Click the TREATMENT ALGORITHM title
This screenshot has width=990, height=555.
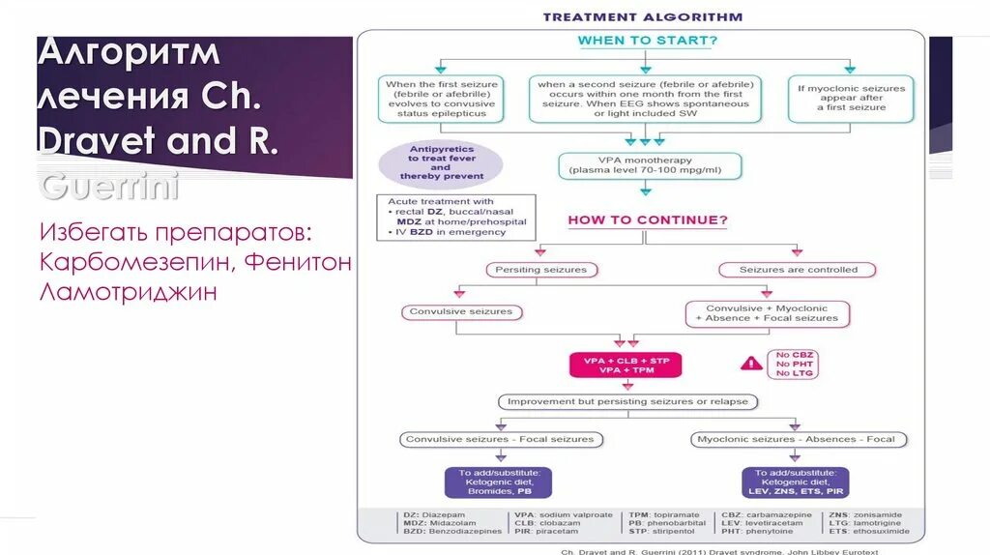coord(642,16)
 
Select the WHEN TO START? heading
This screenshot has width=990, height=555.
coord(647,41)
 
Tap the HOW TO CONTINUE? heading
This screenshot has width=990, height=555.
coord(647,219)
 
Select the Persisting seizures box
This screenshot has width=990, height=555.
coord(540,270)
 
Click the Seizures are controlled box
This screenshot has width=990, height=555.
coord(797,270)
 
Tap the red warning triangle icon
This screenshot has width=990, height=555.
coord(750,364)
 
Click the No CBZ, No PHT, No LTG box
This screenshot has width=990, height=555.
coord(795,363)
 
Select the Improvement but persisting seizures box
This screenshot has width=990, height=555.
coord(627,401)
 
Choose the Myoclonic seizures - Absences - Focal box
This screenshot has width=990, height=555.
coord(796,439)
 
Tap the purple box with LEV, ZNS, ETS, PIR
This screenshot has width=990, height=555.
coord(796,482)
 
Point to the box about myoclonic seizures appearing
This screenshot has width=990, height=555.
coord(852,98)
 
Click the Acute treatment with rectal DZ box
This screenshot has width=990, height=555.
coord(454,217)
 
